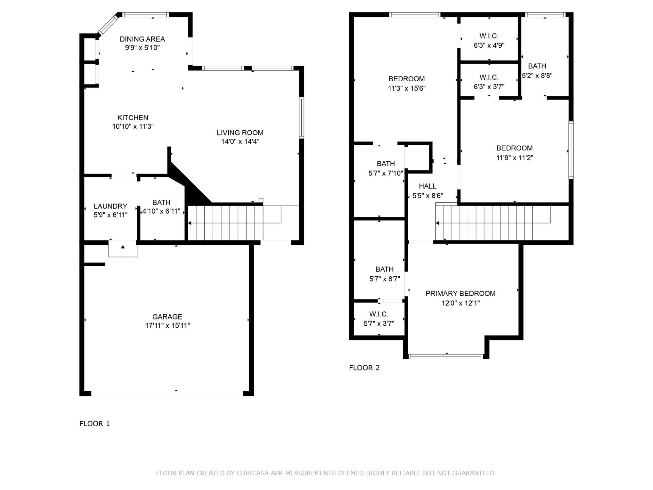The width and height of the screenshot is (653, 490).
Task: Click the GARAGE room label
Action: pos(167,316)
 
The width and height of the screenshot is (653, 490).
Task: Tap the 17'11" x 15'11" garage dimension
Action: pos(167,326)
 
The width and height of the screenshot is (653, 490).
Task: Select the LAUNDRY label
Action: pos(110,206)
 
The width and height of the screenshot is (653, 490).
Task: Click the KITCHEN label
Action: pos(133,118)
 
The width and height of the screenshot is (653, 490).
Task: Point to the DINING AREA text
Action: pos(142,39)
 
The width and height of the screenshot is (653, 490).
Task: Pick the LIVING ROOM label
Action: pos(240,133)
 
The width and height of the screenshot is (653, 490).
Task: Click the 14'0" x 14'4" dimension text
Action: pos(240,142)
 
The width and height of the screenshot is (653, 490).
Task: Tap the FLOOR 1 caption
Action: pos(95,424)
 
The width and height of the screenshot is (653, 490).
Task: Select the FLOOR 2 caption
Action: pos(364,368)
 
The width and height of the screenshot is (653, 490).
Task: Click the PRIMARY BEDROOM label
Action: pos(460,294)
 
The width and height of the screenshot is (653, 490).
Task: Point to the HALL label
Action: pos(428,186)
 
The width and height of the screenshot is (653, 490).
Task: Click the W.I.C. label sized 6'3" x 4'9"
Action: pos(489,36)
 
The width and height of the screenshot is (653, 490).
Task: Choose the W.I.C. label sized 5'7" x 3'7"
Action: pos(379,314)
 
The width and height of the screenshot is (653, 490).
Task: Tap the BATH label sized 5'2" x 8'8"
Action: pos(537,66)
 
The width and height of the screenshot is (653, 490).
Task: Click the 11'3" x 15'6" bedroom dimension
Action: pos(406,88)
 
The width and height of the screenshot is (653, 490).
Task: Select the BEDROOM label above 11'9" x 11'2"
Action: pos(514,148)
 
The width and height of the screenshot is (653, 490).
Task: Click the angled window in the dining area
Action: pos(108,24)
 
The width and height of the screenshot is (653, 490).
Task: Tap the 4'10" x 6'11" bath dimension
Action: pos(161,211)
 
